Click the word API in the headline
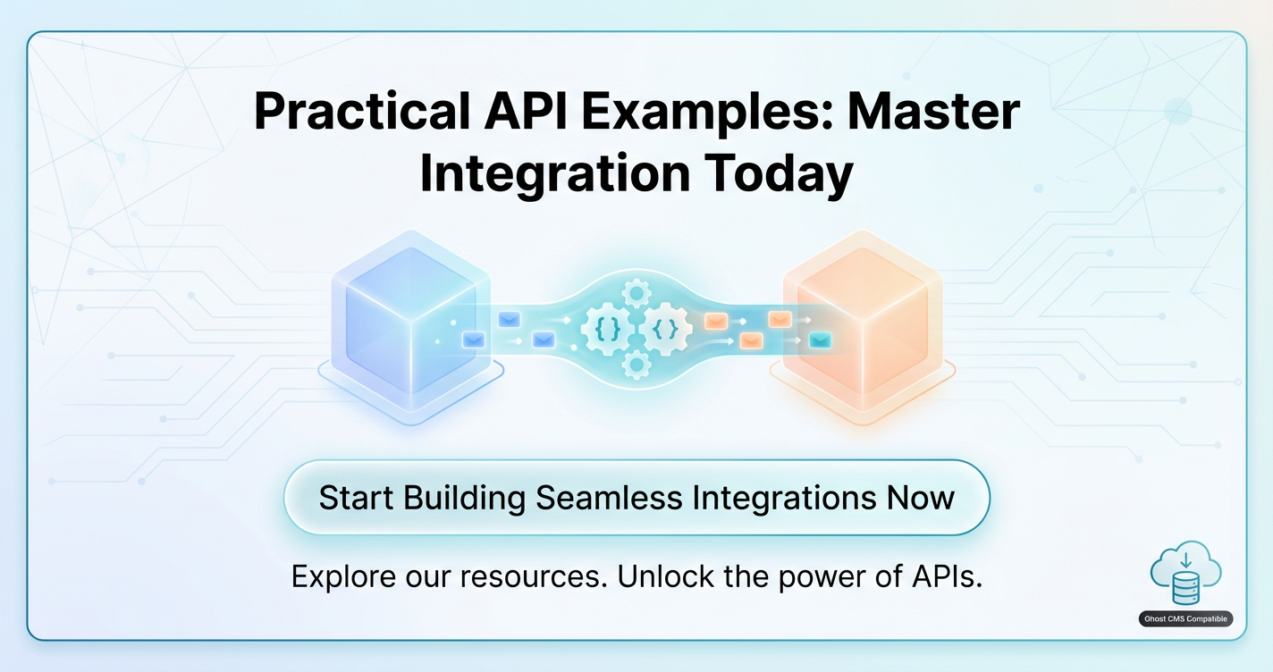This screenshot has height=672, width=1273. click(x=525, y=112)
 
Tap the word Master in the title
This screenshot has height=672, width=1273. click(x=933, y=112)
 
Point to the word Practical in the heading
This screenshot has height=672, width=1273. click(x=362, y=112)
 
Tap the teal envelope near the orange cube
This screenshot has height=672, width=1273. click(x=820, y=340)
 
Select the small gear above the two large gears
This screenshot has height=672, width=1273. click(x=636, y=294)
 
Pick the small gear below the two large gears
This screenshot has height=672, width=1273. click(x=636, y=364)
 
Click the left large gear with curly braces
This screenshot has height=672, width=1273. click(x=607, y=330)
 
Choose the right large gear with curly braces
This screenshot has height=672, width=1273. click(x=665, y=329)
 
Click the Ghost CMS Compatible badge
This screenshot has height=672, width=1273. click(x=1185, y=618)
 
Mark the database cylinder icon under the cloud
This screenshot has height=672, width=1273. click(x=1186, y=589)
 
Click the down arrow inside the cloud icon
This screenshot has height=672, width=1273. click(x=1186, y=560)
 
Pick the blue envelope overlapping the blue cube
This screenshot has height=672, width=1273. click(x=474, y=340)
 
